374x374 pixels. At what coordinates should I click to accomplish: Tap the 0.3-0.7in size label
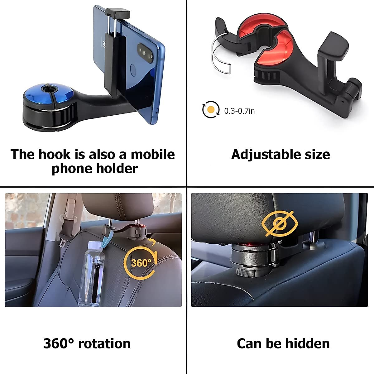pos(239,111)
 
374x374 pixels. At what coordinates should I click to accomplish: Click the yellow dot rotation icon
pos(211,109)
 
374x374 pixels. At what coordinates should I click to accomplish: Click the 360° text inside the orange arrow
pos(141,263)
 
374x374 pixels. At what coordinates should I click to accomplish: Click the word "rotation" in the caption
pos(104,343)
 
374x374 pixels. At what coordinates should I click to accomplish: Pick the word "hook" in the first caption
pos(56,155)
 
